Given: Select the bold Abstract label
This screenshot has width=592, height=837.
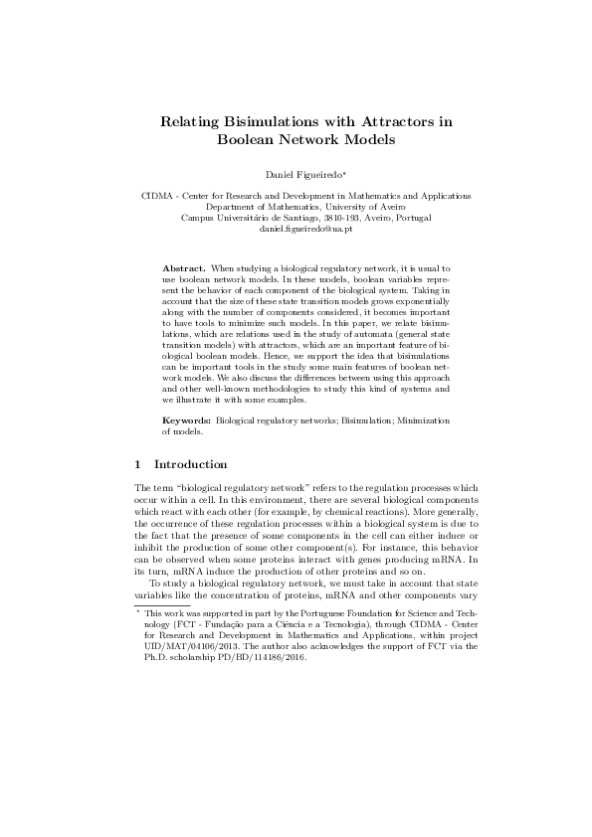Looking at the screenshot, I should click(183, 269).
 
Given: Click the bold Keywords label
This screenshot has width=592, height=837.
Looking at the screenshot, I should click(186, 421).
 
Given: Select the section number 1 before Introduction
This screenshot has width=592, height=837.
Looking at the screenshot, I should click(137, 464).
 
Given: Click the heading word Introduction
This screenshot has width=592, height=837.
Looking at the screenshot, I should click(191, 464).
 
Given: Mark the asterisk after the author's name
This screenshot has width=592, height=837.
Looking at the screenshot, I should click(345, 173).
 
